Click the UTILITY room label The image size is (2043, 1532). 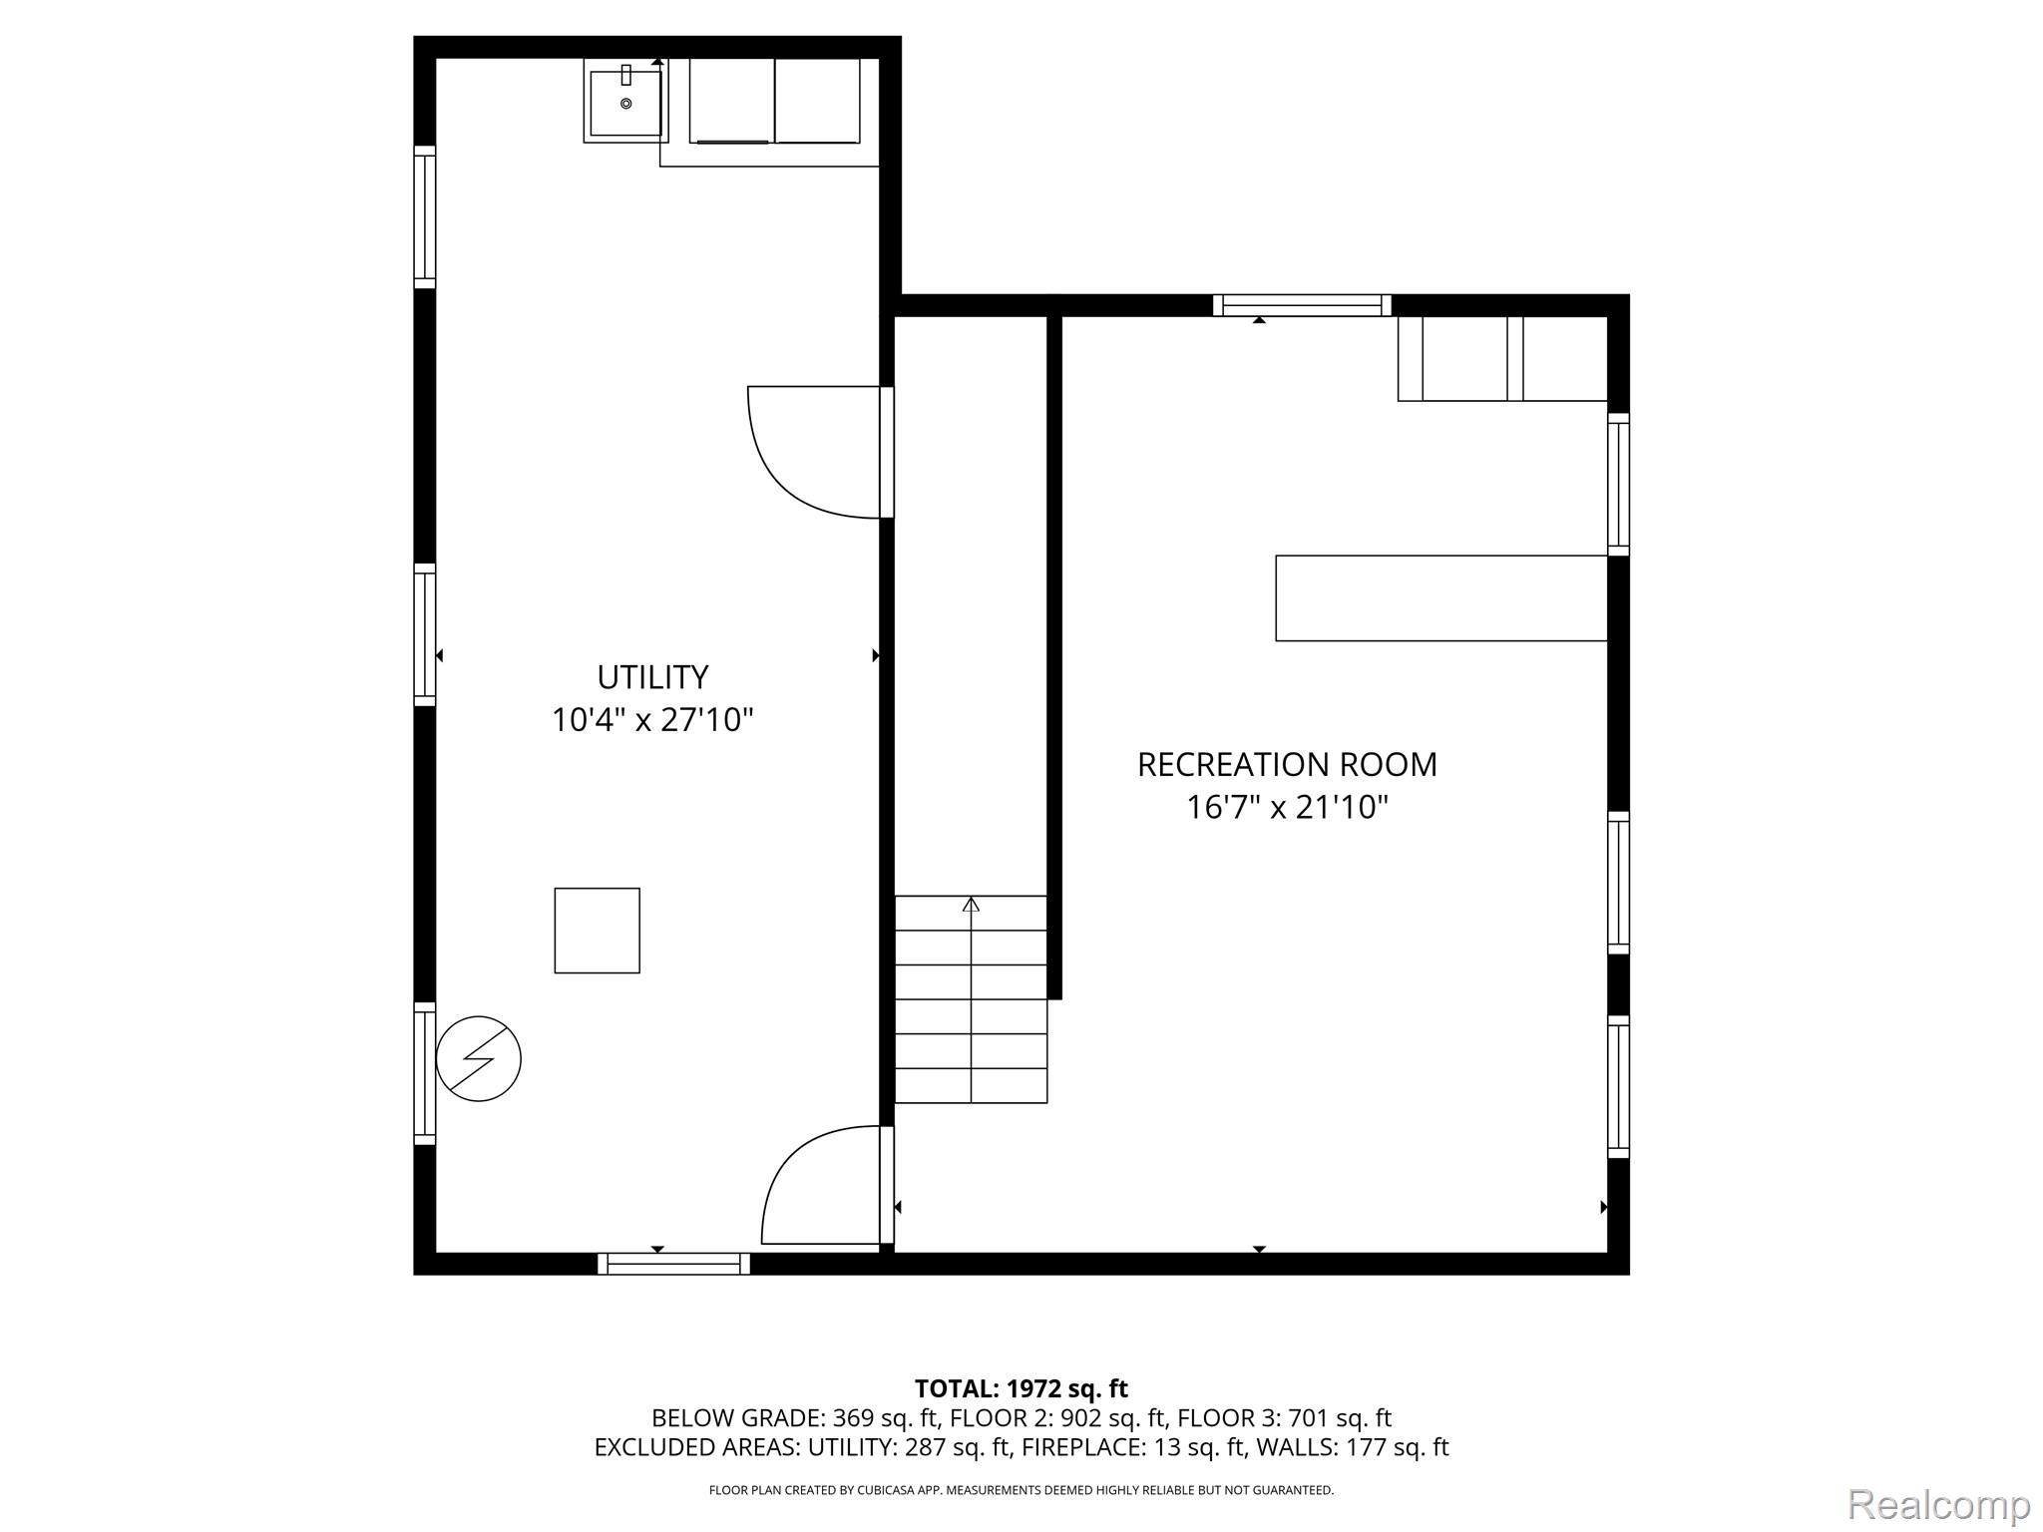652,677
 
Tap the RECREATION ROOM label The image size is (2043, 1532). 1287,765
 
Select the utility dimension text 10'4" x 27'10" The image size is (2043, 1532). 652,719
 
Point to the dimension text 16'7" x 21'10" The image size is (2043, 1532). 1287,807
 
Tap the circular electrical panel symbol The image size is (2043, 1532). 479,1058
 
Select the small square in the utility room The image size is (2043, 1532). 597,931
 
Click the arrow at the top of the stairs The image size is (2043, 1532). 971,905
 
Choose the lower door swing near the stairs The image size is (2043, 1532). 788,1157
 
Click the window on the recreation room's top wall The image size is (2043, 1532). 1302,305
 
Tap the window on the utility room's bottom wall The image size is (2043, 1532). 674,1264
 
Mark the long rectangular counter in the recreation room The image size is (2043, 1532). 1441,598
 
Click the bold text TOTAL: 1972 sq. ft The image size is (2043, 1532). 1021,1388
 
